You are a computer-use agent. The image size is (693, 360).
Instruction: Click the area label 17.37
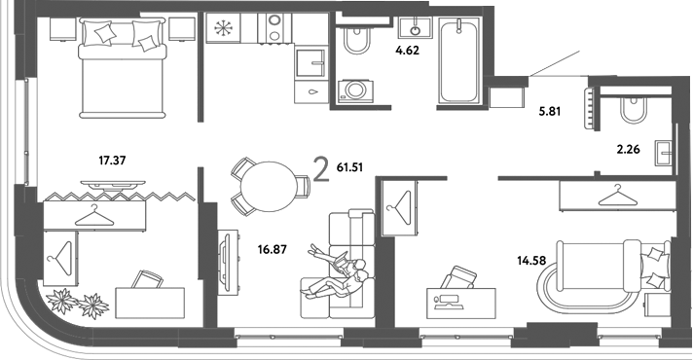[x=112, y=161]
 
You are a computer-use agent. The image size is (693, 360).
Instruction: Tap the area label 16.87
[x=273, y=250]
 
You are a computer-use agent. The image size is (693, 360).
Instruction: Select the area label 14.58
[x=531, y=261]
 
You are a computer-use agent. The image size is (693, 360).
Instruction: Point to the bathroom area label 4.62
[x=408, y=51]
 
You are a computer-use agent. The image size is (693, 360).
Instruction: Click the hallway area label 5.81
[x=549, y=112]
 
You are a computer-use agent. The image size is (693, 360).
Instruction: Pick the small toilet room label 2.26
[x=628, y=149]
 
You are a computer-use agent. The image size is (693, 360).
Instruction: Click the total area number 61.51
[x=349, y=167]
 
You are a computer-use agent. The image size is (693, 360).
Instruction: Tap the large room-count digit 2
[x=321, y=170]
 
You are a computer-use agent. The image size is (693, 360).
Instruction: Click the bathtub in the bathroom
[x=459, y=60]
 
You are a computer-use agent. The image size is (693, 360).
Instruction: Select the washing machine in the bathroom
[x=355, y=91]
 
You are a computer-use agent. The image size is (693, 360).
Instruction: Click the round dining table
[x=270, y=187]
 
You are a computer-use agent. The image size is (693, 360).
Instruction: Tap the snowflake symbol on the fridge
[x=224, y=28]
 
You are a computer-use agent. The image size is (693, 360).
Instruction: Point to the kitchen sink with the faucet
[x=310, y=63]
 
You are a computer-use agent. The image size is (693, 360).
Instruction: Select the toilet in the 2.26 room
[x=634, y=110]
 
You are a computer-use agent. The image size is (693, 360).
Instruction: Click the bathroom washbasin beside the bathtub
[x=416, y=28]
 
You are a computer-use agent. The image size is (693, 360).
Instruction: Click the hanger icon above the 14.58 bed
[x=617, y=196]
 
